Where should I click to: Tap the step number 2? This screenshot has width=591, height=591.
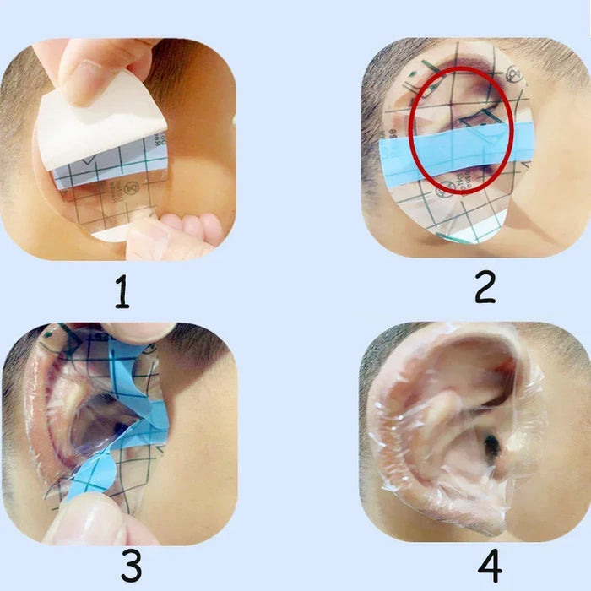pos(485,287)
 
